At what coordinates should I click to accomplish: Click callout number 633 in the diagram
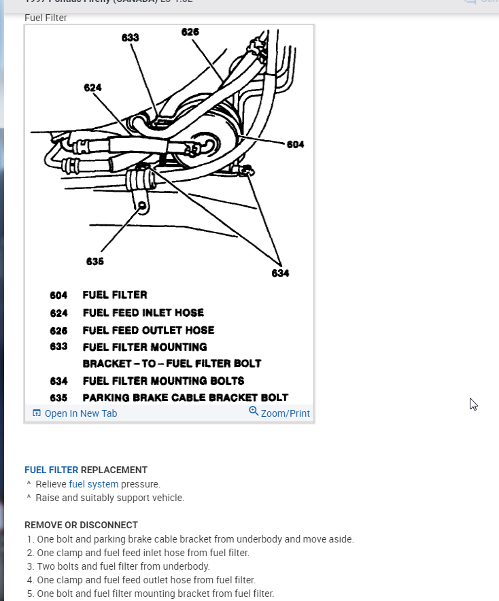click(x=131, y=38)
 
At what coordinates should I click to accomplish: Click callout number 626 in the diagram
click(x=190, y=32)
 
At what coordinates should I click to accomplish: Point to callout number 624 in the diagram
click(x=93, y=88)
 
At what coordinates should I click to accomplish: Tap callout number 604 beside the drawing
click(x=295, y=144)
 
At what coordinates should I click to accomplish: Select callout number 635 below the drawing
click(x=95, y=261)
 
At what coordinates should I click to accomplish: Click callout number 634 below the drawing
click(x=280, y=273)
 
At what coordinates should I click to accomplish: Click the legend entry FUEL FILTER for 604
click(x=115, y=295)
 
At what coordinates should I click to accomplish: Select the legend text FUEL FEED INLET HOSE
click(x=143, y=313)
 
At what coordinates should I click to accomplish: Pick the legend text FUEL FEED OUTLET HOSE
click(x=148, y=330)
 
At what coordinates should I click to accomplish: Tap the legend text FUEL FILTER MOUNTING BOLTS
click(x=163, y=381)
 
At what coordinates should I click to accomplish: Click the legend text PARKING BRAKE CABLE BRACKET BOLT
click(x=186, y=398)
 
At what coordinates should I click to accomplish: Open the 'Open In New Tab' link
click(x=80, y=413)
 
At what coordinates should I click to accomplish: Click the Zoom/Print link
click(x=285, y=413)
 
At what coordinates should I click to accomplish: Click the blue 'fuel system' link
click(x=94, y=484)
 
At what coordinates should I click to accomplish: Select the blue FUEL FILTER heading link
click(x=51, y=470)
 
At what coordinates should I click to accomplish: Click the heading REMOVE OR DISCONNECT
click(x=81, y=525)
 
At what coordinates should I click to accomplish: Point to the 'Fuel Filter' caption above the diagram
click(x=46, y=18)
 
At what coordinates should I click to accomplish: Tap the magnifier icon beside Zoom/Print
click(x=254, y=411)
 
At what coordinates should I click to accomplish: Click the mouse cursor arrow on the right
click(x=473, y=404)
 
